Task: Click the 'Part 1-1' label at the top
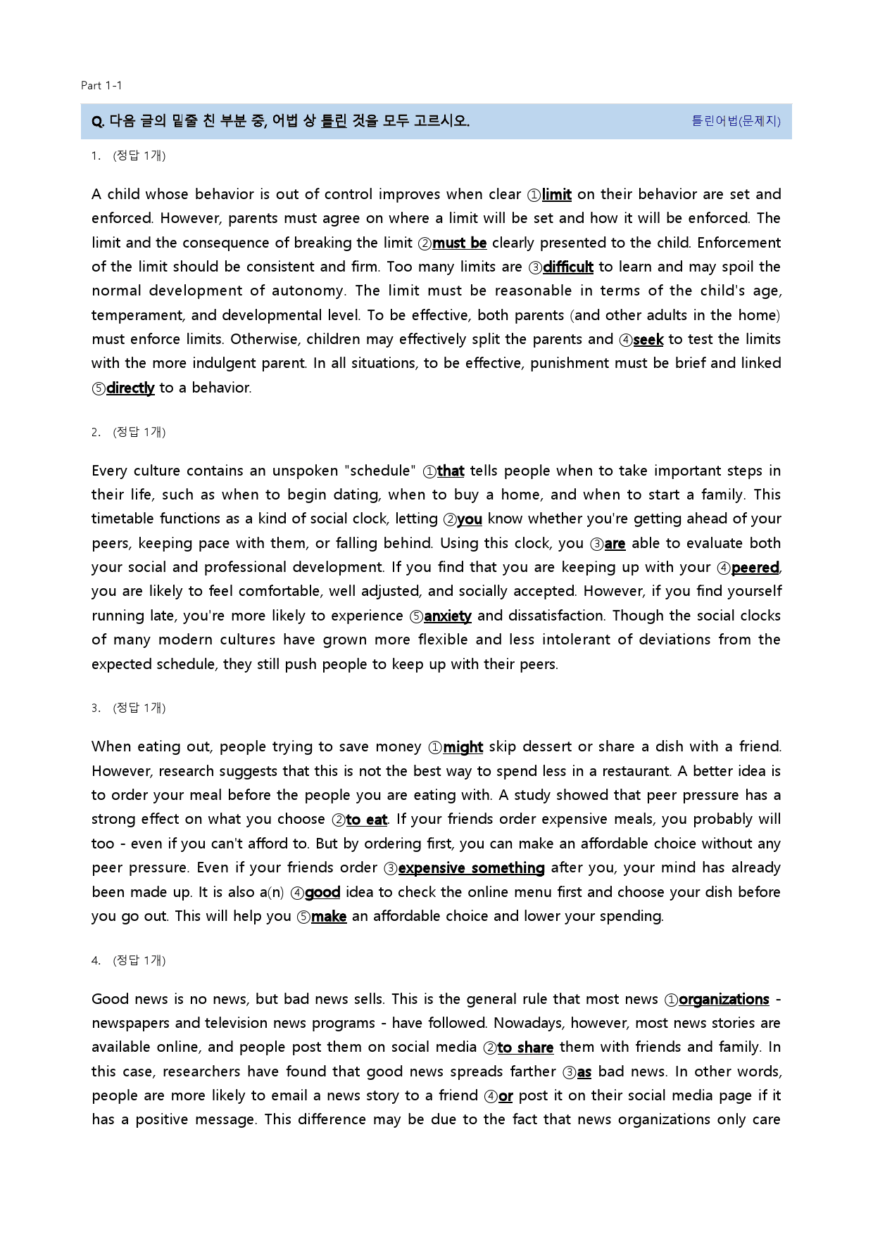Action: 101,86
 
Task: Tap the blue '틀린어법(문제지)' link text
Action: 736,121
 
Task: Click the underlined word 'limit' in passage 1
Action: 556,195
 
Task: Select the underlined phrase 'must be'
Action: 459,243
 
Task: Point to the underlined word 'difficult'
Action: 567,267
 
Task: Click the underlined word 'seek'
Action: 648,340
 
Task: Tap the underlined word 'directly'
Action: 130,388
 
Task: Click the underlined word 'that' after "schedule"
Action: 450,471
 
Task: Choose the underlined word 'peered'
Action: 755,568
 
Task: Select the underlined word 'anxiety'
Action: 448,616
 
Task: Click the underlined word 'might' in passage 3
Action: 463,747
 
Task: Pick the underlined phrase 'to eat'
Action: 366,820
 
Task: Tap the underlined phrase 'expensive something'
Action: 471,868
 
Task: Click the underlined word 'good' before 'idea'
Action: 322,893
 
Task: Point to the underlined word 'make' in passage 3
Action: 329,917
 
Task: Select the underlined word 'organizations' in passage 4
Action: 724,1000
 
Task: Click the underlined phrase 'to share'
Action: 525,1048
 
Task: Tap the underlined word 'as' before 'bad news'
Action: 584,1072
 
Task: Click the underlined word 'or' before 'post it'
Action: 505,1096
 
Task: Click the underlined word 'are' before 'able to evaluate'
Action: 615,544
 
